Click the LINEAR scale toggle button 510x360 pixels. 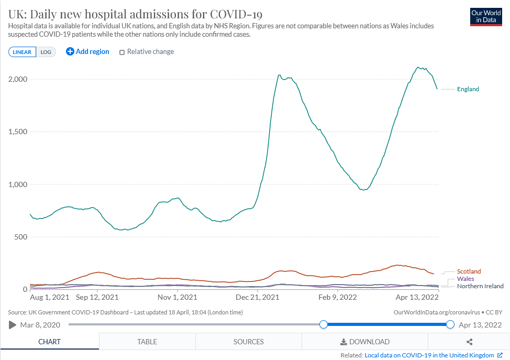(22, 52)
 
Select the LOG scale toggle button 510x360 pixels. (46, 52)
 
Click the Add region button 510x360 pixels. (87, 51)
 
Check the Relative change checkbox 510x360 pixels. (122, 52)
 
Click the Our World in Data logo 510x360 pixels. (486, 16)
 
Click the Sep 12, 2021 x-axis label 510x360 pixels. (97, 297)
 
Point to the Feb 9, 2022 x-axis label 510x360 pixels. (338, 297)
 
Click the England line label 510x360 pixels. (468, 89)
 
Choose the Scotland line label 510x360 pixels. (469, 271)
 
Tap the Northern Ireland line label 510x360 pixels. (480, 286)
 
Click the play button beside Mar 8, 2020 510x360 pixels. (13, 325)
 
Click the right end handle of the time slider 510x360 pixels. (450, 325)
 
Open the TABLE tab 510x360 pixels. (147, 342)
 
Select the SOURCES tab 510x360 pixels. (248, 342)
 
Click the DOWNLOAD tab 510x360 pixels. (365, 342)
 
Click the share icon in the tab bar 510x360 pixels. (469, 342)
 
